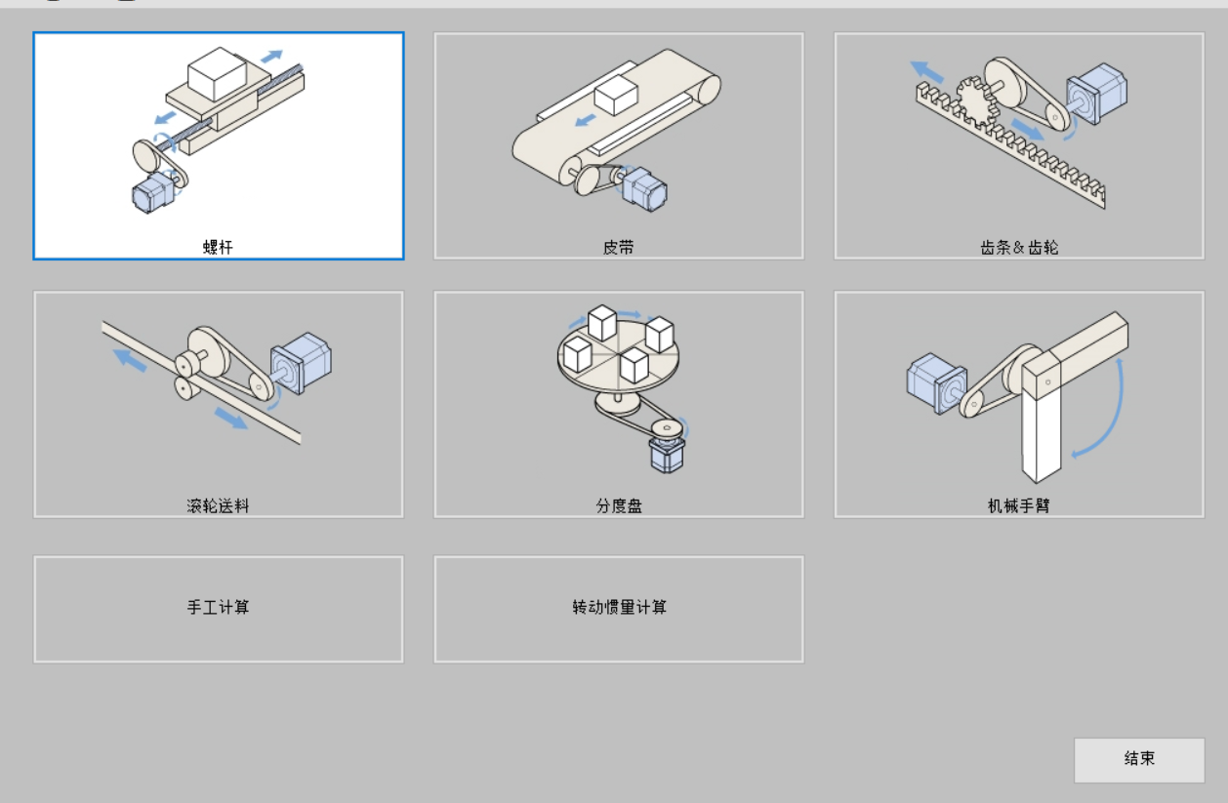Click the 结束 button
1139,759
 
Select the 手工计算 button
219,608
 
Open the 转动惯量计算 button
619,608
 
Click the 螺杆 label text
219,247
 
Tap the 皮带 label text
619,247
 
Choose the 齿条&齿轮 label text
1019,247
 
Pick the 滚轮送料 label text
219,505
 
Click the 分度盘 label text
619,505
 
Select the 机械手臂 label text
1019,505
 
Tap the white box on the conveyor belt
616,96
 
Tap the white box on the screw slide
218,73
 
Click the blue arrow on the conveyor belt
586,120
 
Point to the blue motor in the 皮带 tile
645,188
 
